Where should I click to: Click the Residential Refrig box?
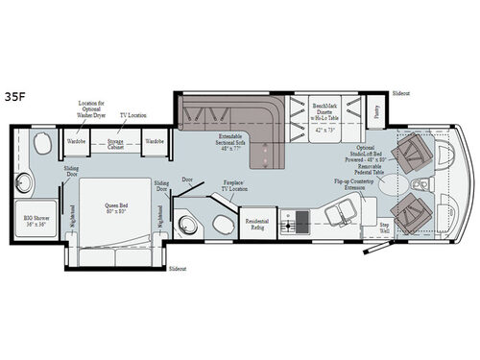coord(257,222)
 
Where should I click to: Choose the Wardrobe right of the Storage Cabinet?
coord(155,140)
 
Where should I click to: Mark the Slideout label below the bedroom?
coord(178,270)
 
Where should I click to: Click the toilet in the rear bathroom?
coord(40,145)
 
